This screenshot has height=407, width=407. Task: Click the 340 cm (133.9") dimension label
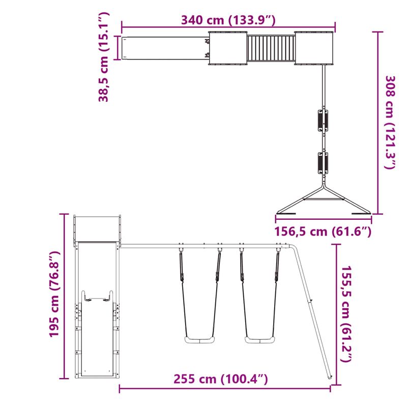(228, 20)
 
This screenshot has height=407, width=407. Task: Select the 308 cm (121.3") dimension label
(390, 122)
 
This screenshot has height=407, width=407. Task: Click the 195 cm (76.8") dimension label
(54, 295)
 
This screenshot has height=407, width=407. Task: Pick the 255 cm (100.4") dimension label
(220, 379)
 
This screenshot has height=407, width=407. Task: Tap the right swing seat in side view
(260, 339)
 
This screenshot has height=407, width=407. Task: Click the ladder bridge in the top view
(271, 49)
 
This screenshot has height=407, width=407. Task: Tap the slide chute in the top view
(164, 48)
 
